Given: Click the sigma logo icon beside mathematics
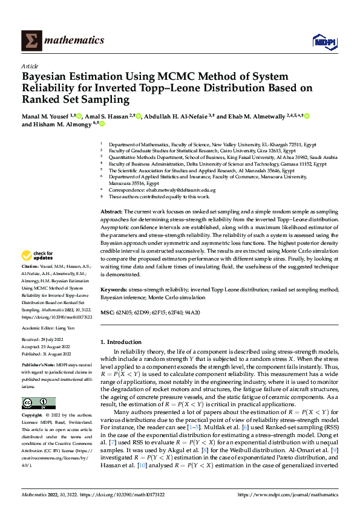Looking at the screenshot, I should pos(30,41).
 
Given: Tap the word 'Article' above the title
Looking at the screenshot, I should pos(29,66).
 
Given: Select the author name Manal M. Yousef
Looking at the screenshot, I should pos(45,115).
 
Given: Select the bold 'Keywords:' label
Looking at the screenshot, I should pos(113,290).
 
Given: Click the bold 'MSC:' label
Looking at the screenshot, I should pos(106,313).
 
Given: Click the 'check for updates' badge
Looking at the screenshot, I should pos(38,256).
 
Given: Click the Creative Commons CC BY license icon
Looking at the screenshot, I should pos(38,403).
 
